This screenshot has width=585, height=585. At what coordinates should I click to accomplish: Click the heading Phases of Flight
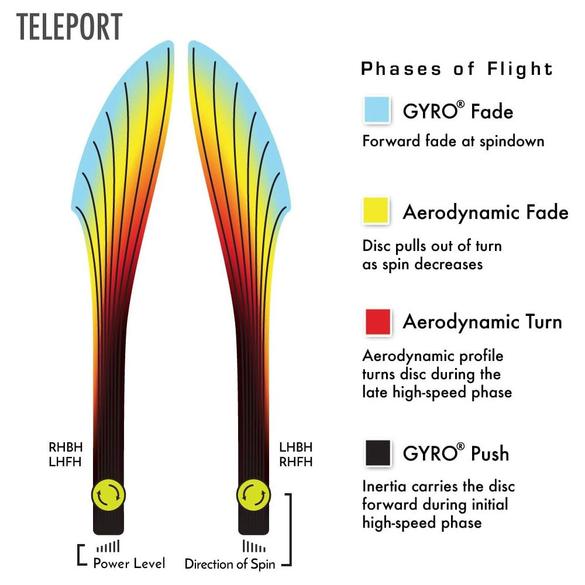(x=457, y=69)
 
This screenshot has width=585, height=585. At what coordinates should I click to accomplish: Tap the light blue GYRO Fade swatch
(x=377, y=110)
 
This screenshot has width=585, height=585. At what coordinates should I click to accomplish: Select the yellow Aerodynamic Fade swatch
(x=377, y=211)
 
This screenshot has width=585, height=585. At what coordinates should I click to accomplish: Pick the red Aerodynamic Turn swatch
(x=377, y=322)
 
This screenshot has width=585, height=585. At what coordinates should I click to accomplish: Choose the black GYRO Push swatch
(x=377, y=453)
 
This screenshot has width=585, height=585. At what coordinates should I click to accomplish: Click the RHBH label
(x=66, y=448)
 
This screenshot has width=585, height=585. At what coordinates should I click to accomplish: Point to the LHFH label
(x=66, y=462)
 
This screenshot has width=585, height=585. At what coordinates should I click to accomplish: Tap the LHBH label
(x=296, y=448)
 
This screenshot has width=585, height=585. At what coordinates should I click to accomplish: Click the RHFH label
(x=296, y=462)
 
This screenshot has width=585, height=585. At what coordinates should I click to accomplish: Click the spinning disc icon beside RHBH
(x=108, y=495)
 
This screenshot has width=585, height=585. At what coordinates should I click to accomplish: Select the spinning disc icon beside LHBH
(x=253, y=495)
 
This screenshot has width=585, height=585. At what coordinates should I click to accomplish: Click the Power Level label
(x=129, y=563)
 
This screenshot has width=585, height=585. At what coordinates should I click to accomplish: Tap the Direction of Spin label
(x=230, y=565)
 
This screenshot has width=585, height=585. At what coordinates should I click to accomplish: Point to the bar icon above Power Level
(x=108, y=547)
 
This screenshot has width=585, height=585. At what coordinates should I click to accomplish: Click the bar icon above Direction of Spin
(x=254, y=547)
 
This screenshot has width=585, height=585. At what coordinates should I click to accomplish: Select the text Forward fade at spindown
(x=453, y=141)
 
